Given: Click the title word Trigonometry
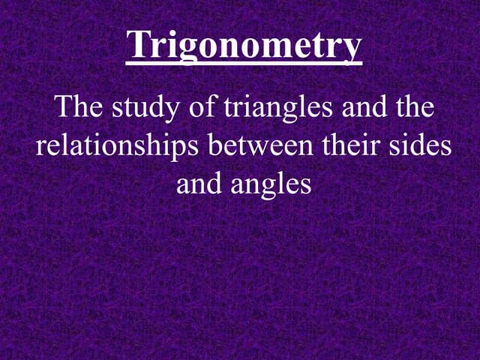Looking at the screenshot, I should pyautogui.click(x=244, y=46).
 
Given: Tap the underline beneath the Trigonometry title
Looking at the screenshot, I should pyautogui.click(x=244, y=64).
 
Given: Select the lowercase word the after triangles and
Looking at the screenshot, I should pyautogui.click(x=415, y=107).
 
